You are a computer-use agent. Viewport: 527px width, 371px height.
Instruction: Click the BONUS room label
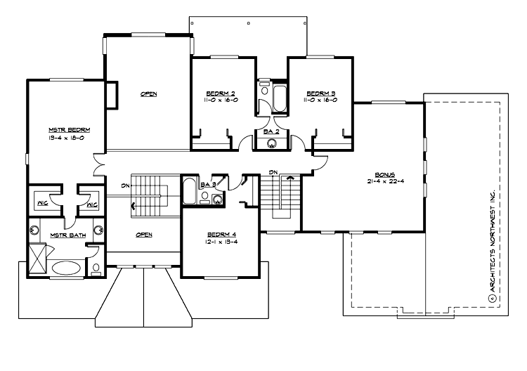coord(386,174)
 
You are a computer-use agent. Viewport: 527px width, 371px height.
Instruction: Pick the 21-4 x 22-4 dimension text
coord(386,181)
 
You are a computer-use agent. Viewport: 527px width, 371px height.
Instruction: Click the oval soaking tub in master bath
coord(67,268)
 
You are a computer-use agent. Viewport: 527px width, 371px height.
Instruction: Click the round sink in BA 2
coord(272,143)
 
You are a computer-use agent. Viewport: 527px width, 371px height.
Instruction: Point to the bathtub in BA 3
coord(190,190)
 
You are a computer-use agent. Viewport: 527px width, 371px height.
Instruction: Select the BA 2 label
coord(272,131)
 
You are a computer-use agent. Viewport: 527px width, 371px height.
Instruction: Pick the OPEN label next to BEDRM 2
coord(148,93)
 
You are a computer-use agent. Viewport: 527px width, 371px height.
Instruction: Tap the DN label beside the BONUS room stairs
coord(275,172)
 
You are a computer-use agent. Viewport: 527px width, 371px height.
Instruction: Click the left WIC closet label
coord(41,205)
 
